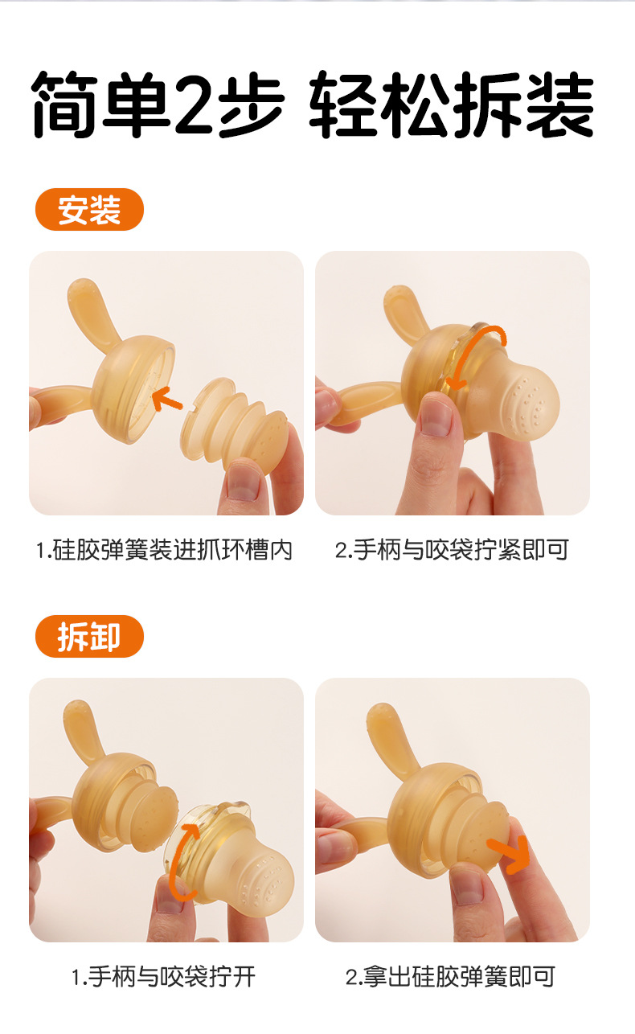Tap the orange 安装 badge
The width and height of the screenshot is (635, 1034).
tap(89, 211)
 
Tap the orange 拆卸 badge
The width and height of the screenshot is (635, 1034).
tap(89, 637)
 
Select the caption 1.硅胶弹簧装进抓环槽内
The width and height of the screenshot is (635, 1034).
tap(164, 551)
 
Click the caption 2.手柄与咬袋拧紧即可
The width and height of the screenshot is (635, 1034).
tap(452, 551)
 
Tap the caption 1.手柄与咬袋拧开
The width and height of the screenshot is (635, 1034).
tap(164, 977)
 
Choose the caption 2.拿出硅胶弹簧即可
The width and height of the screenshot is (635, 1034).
tap(451, 977)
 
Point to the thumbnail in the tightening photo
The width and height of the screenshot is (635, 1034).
tap(436, 417)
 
